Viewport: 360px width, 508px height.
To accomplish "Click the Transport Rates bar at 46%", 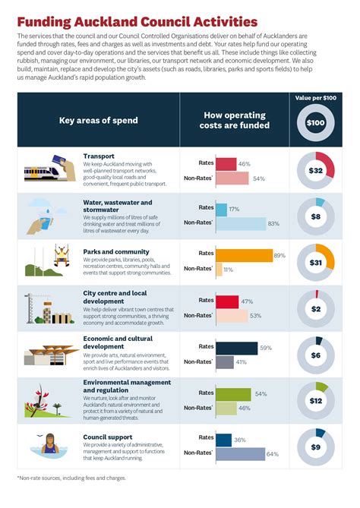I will pos(226,164).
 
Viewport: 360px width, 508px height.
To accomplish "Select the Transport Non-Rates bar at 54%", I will pos(232,178).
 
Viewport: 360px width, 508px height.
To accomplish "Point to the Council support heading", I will pos(108,437).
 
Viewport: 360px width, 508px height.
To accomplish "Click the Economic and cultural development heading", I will pos(118,342).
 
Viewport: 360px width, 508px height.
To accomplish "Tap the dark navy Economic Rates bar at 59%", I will pos(236,348).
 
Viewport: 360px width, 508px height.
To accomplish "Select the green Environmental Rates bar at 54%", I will pos(233,393).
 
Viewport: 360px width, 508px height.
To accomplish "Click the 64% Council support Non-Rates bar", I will pos(240,453).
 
